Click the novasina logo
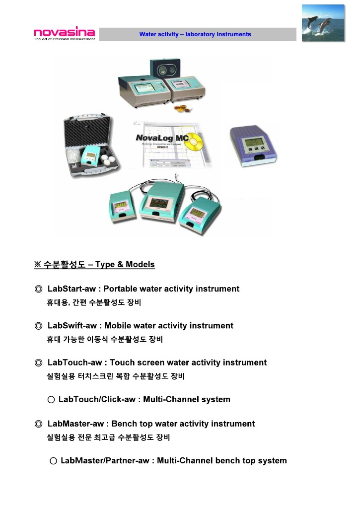point(64,34)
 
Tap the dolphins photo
point(323,23)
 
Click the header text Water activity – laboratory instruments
point(195,34)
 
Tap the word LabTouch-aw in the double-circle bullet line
point(75,363)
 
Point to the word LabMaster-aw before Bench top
point(76,424)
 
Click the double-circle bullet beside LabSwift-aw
point(39,326)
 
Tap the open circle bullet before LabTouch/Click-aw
point(51,400)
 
